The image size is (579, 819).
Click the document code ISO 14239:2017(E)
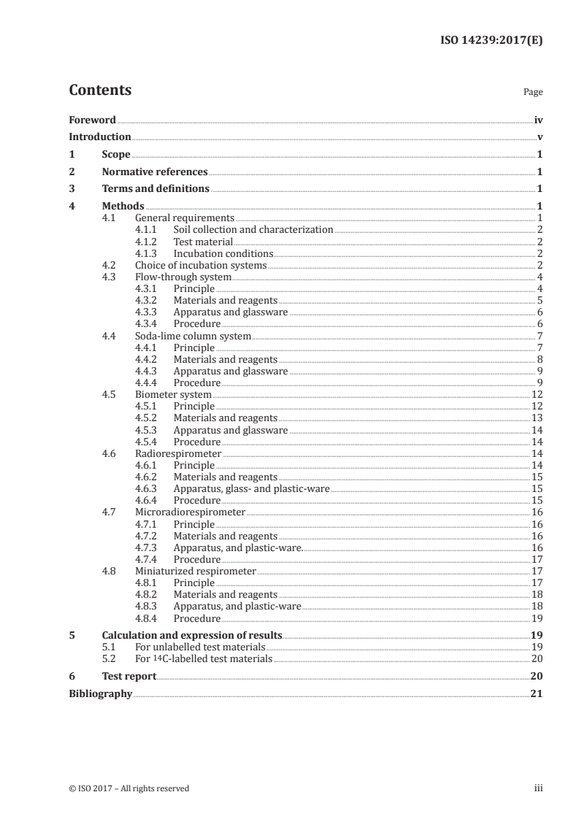pyautogui.click(x=494, y=41)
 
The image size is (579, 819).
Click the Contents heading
pyautogui.click(x=100, y=91)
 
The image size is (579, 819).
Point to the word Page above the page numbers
pyautogui.click(x=533, y=93)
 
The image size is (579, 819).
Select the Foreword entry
pyautogui.click(x=92, y=120)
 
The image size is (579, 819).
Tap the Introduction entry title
pyautogui.click(x=100, y=137)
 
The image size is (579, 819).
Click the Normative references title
pyautogui.click(x=155, y=172)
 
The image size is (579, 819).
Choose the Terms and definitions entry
pyautogui.click(x=156, y=189)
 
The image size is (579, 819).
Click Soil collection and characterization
pyautogui.click(x=253, y=230)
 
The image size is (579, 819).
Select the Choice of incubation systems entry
pyautogui.click(x=201, y=265)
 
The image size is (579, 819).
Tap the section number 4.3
pyautogui.click(x=110, y=277)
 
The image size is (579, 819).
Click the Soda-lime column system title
pyautogui.click(x=193, y=337)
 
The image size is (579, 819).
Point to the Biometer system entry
pyautogui.click(x=174, y=395)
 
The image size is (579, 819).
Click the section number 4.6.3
pyautogui.click(x=147, y=489)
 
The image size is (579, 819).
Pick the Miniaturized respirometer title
pyautogui.click(x=196, y=572)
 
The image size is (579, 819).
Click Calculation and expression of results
pyautogui.click(x=192, y=636)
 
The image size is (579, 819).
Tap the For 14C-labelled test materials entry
pyautogui.click(x=204, y=659)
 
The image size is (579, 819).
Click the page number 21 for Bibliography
pyautogui.click(x=537, y=693)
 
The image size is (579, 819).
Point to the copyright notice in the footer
pyautogui.click(x=129, y=788)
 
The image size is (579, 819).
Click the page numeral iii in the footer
pyautogui.click(x=539, y=788)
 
